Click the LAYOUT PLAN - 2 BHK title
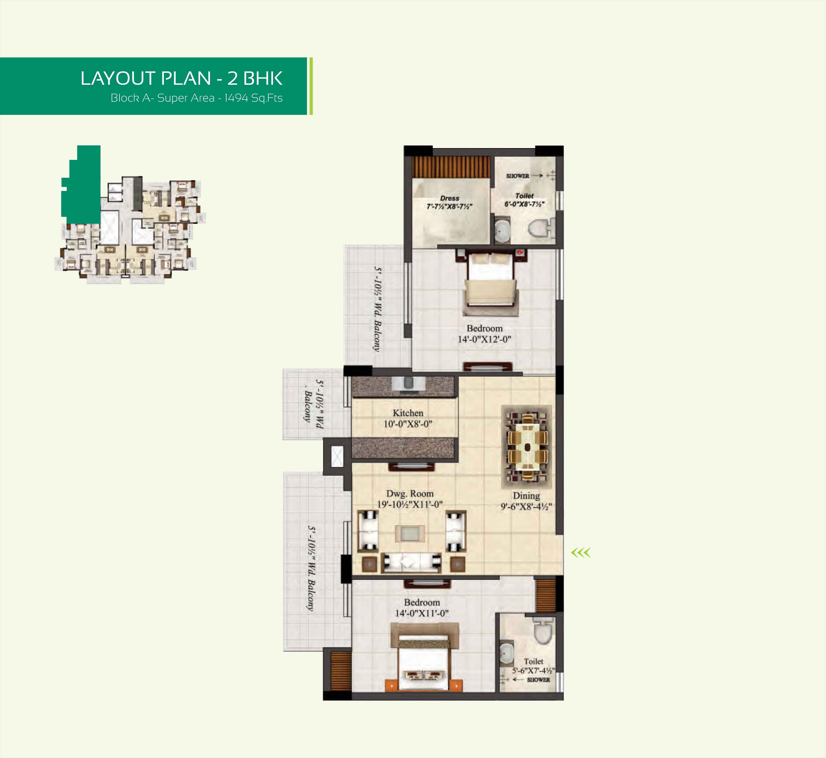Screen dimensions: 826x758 point(181,78)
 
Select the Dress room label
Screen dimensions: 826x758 point(449,198)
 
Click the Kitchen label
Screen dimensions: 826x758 point(408,413)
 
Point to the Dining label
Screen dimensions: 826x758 point(526,495)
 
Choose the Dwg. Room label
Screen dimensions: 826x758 point(410,493)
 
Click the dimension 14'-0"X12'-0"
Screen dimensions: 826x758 point(484,339)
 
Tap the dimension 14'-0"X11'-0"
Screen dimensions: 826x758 point(422,613)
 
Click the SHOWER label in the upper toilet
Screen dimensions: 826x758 point(517,175)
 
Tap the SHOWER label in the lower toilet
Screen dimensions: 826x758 point(538,680)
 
